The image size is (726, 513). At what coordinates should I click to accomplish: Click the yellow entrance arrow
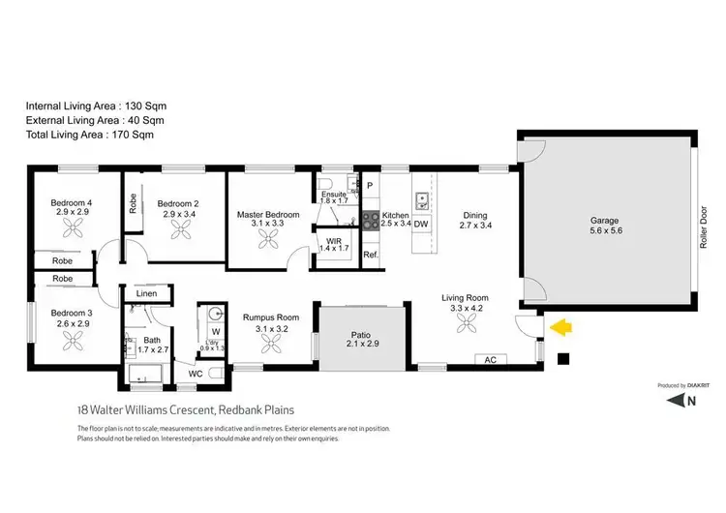560,330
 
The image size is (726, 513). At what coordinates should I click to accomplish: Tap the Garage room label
606,221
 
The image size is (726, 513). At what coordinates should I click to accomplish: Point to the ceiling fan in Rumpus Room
270,347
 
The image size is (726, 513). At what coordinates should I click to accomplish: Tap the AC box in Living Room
490,360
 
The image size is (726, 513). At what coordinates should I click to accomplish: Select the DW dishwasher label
423,225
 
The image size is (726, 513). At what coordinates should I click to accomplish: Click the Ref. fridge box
370,255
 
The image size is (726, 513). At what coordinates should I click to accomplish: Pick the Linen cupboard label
146,293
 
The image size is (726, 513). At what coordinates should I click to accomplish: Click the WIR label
332,241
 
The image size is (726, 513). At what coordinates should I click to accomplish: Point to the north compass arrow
690,399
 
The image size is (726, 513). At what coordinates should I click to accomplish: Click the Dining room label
474,216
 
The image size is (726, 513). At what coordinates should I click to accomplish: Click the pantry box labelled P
370,184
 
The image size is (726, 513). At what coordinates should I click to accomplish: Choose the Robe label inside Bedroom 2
133,204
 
